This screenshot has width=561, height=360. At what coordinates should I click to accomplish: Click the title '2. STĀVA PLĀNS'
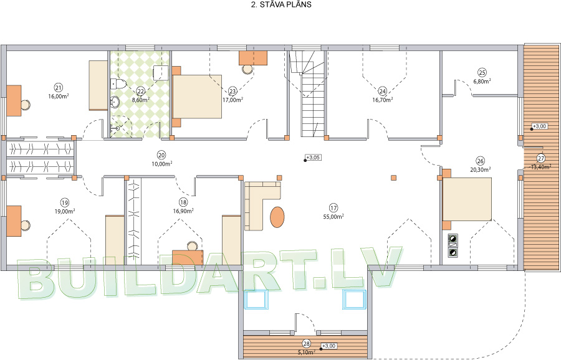click(281, 4)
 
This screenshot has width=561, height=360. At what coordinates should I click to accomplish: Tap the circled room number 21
click(59, 87)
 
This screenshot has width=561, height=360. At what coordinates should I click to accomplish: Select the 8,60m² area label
click(141, 100)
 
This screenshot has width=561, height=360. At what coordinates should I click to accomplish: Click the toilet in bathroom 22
click(117, 83)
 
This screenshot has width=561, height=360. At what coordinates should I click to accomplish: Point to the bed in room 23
click(197, 97)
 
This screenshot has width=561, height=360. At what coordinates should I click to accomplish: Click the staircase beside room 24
click(308, 93)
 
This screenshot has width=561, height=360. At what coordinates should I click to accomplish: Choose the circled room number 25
click(482, 73)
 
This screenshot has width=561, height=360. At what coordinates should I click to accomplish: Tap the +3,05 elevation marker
click(312, 158)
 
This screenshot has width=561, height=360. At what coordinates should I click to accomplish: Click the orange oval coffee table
click(277, 217)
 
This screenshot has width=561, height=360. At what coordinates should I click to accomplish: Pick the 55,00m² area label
click(333, 217)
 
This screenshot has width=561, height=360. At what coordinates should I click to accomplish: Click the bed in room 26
click(466, 199)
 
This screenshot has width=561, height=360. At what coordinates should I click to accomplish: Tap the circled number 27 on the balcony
click(540, 158)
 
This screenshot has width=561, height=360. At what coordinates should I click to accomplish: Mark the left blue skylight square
click(256, 299)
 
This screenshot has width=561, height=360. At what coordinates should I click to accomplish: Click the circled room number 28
click(306, 344)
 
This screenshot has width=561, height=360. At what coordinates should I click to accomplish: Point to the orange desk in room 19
click(14, 220)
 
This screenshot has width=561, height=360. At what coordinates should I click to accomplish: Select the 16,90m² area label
click(183, 211)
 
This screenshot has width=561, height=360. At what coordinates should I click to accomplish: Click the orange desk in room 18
click(188, 257)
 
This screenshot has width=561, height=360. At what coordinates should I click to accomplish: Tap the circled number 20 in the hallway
click(161, 155)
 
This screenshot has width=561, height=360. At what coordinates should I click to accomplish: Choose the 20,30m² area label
click(480, 170)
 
